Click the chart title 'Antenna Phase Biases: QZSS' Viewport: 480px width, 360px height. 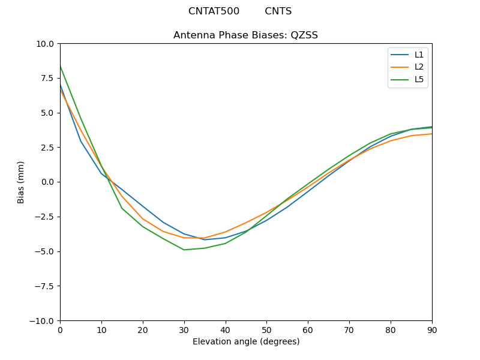tap(245, 35)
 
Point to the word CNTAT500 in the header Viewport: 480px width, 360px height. tap(214, 11)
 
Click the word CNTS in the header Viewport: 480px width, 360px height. tap(278, 11)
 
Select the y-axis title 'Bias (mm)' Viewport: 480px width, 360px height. tap(21, 182)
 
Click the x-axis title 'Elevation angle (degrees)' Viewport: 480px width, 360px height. tap(245, 341)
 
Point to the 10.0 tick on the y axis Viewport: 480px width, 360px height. tap(46, 44)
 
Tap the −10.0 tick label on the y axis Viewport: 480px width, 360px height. tap(43, 320)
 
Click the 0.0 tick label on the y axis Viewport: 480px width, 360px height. tap(48, 182)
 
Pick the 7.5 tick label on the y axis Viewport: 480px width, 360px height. tap(48, 78)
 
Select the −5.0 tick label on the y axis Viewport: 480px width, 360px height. tap(45, 251)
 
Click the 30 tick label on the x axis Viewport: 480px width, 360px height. tap(184, 329)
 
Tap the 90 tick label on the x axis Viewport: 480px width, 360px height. tap(431, 329)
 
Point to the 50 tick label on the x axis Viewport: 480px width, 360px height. tap(266, 329)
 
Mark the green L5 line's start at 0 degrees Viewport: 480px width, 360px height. tap(60, 66)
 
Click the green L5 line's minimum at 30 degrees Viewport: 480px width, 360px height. tap(184, 250)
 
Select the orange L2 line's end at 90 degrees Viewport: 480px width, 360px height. tap(431, 134)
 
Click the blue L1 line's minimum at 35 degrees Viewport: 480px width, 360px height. tap(205, 240)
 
